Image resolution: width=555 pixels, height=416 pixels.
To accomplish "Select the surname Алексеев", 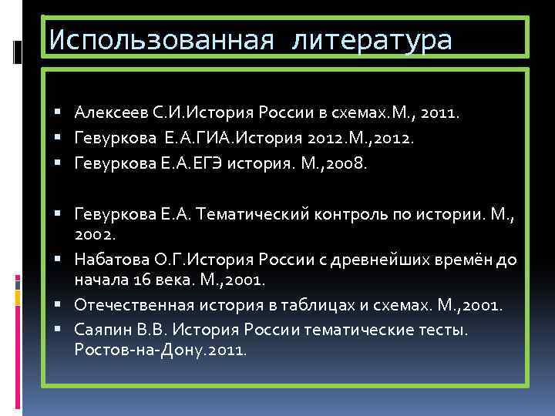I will (105, 114).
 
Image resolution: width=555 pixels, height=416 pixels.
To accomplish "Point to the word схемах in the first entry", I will (358, 114).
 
